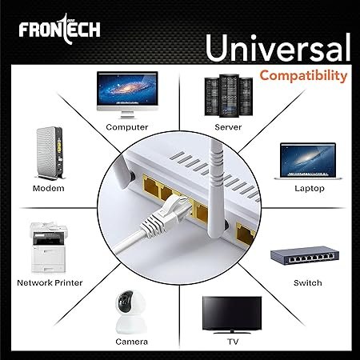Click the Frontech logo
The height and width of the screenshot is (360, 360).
click(59, 29)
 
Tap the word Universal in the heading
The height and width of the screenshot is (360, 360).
click(278, 47)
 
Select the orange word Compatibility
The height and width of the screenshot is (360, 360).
click(303, 76)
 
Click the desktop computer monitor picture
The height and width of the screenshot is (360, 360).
click(127, 94)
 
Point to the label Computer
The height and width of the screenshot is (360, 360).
click(127, 127)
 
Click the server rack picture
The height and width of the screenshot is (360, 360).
click(229, 95)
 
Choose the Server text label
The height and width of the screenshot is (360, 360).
click(228, 127)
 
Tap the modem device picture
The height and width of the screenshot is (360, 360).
click(50, 153)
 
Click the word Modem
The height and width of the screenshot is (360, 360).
click(49, 188)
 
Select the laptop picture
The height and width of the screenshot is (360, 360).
click(308, 161)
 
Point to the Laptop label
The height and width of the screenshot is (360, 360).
click(310, 189)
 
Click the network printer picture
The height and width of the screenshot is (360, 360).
click(48, 247)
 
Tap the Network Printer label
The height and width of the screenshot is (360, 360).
click(50, 282)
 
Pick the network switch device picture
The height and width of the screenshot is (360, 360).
click(305, 255)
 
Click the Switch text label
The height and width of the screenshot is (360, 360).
click(308, 282)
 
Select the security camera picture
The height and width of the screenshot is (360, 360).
click(130, 312)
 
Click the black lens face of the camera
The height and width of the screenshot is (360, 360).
click(126, 300)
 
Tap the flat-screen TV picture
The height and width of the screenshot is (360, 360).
click(232, 314)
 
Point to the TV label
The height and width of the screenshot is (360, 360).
click(233, 342)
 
